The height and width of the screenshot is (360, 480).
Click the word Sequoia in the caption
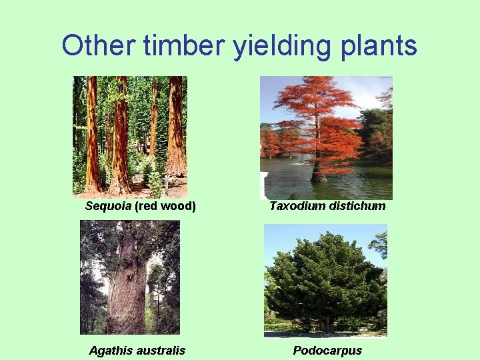click(x=109, y=206)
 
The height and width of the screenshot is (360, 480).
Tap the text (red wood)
click(x=165, y=206)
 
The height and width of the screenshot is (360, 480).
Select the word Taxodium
click(x=297, y=206)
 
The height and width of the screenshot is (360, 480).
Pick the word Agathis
click(x=112, y=351)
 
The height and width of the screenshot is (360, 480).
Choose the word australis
click(x=161, y=351)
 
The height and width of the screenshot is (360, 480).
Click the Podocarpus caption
click(x=327, y=351)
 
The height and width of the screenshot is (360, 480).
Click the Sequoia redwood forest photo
click(x=130, y=137)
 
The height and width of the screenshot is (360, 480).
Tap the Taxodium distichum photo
click(x=326, y=137)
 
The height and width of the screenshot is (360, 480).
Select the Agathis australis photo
click(x=130, y=277)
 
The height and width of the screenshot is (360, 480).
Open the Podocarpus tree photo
click(x=325, y=280)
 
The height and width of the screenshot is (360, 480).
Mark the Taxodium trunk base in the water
click(x=319, y=177)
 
